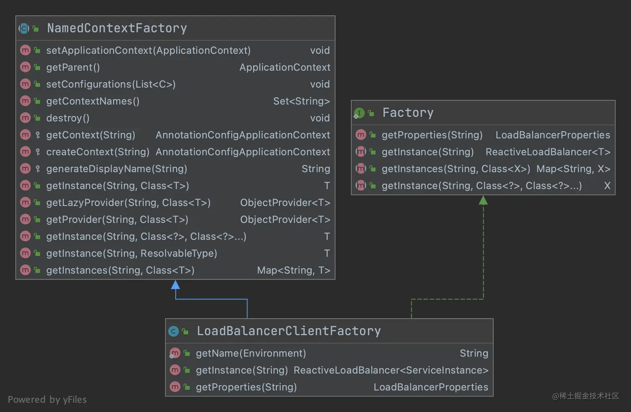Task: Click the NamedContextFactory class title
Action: [x=117, y=28]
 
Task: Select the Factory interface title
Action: [x=408, y=113]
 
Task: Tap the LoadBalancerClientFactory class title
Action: [x=288, y=331]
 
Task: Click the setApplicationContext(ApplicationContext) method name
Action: [x=148, y=50]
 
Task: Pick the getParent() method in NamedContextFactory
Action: [x=73, y=68]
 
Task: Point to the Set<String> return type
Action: [x=301, y=101]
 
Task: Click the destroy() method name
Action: [x=68, y=118]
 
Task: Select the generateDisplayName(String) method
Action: [x=116, y=169]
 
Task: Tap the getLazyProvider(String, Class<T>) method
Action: [x=128, y=203]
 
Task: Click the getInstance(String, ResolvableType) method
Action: [x=131, y=254]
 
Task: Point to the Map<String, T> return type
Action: [x=293, y=271]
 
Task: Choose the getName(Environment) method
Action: [x=251, y=354]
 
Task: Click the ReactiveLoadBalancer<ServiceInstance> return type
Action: [x=391, y=370]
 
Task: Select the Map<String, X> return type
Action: [x=573, y=169]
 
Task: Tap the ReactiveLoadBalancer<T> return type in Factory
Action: [x=548, y=152]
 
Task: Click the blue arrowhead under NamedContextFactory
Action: [x=176, y=285]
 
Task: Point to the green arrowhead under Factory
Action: [x=483, y=201]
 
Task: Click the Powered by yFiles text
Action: [x=47, y=399]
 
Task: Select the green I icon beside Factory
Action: [x=359, y=113]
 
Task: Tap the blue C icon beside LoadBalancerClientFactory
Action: [x=174, y=331]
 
